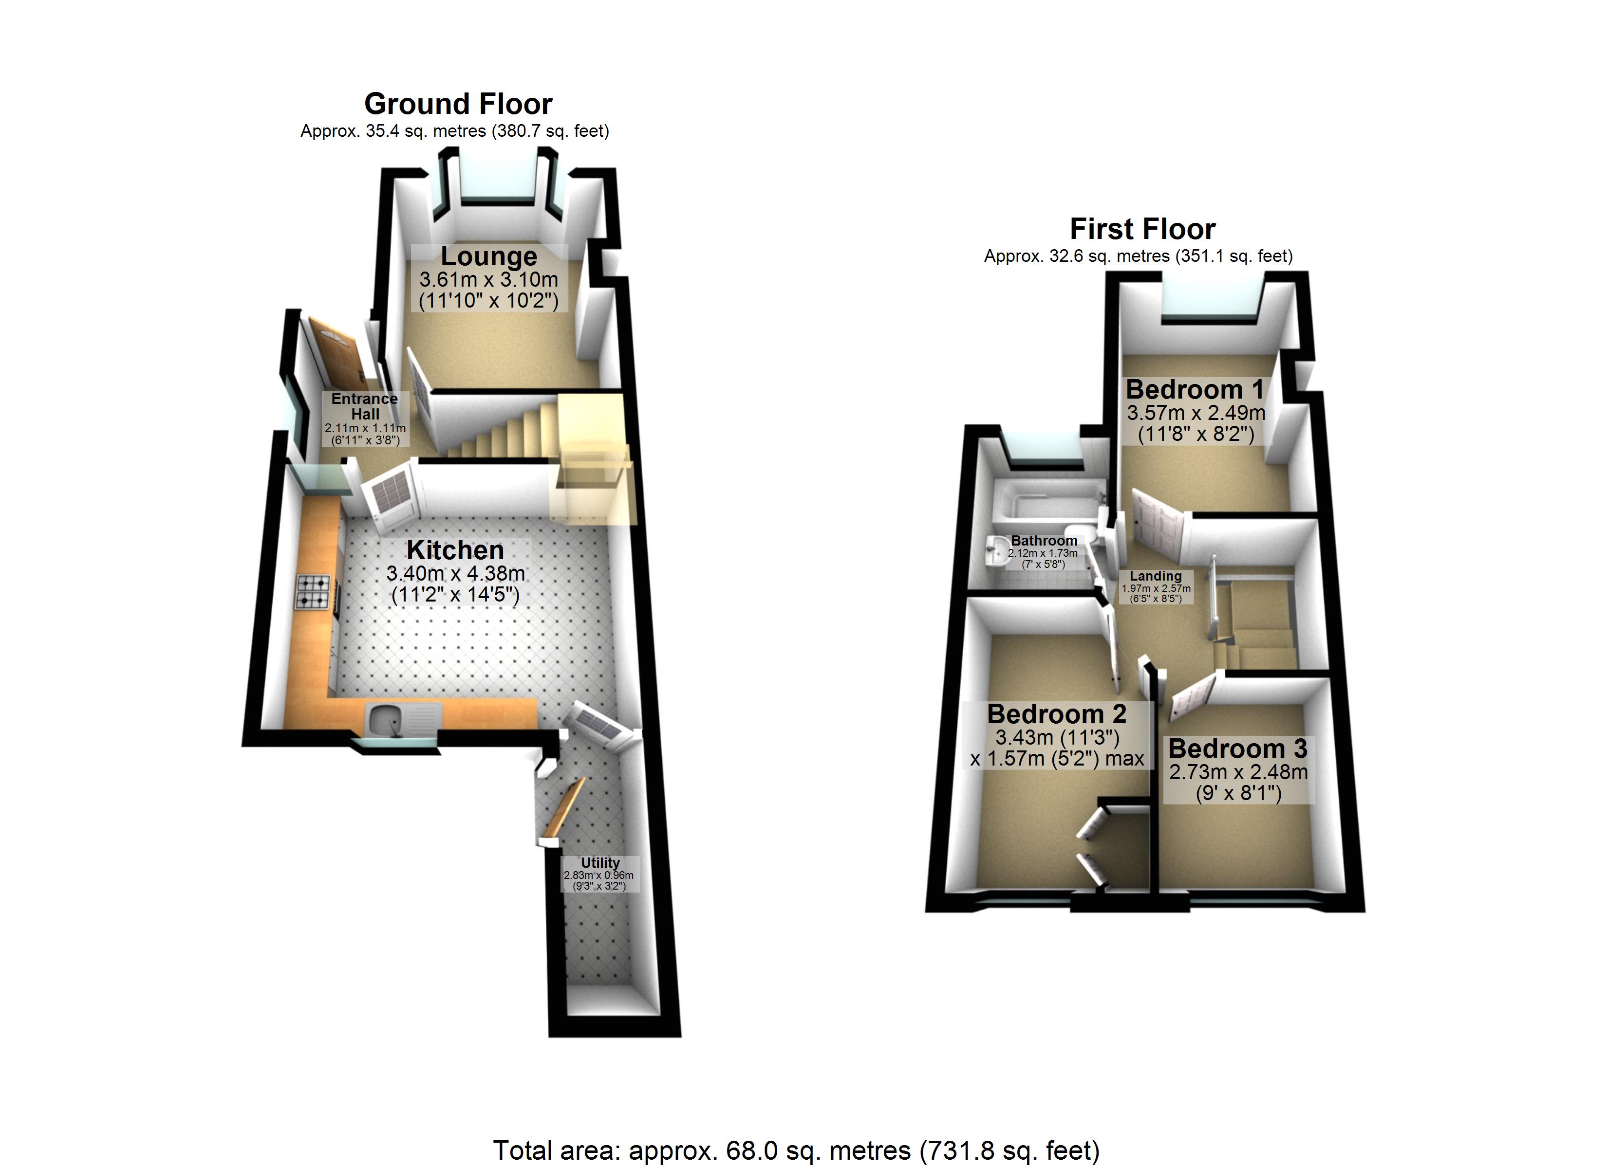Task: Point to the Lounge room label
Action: (x=489, y=255)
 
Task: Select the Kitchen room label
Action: (x=455, y=549)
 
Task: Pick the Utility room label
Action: (x=600, y=863)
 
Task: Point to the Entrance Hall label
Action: (x=364, y=406)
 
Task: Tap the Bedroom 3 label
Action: (x=1238, y=748)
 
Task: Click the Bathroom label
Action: (x=1044, y=540)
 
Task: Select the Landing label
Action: (x=1156, y=576)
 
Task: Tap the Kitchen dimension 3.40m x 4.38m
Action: (x=456, y=573)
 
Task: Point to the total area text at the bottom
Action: (x=796, y=1150)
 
